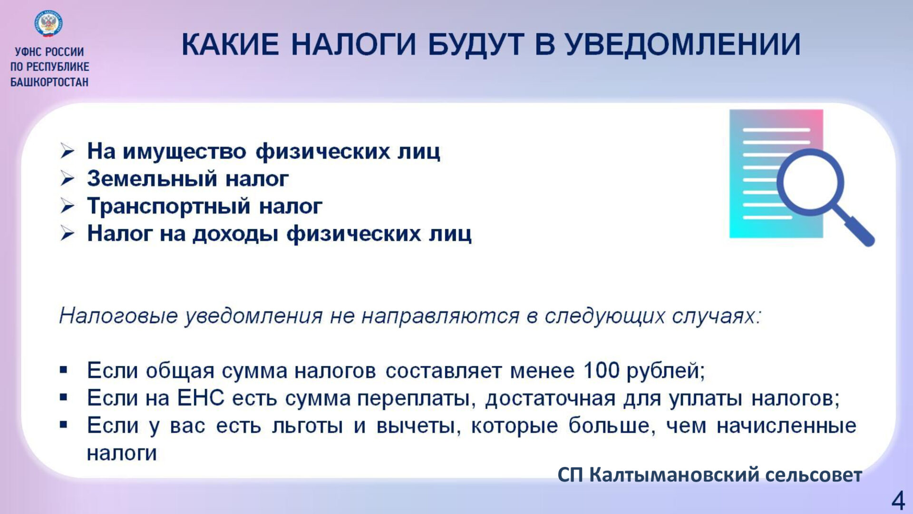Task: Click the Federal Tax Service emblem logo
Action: coord(49,24)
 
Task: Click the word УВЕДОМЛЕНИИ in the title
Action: coord(683,45)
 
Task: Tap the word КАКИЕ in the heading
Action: coord(230,45)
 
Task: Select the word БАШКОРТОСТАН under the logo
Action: coord(49,82)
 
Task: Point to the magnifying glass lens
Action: coord(810,182)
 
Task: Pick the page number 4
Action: coord(898,501)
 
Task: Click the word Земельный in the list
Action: coord(152,179)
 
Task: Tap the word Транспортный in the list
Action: coord(169,207)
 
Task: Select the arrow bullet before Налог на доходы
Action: coord(68,234)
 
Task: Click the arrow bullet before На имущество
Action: coord(68,151)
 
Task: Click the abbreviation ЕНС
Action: coord(200,398)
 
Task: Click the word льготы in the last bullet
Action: coord(307,425)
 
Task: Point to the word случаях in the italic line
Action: coord(717,316)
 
